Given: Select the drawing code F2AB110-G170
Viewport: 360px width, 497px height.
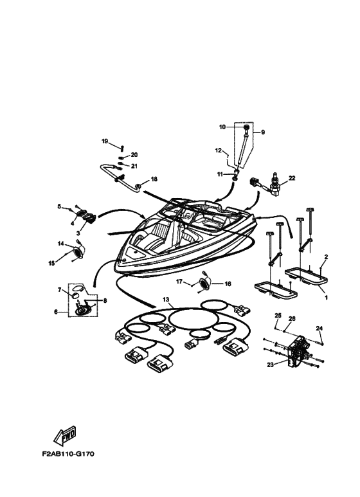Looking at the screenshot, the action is pyautogui.click(x=68, y=454).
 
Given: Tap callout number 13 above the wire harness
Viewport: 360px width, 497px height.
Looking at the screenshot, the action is pyautogui.click(x=166, y=299).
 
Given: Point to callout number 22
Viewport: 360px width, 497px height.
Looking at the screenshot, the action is pyautogui.click(x=292, y=178).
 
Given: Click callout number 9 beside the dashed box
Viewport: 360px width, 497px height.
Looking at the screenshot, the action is pyautogui.click(x=263, y=132).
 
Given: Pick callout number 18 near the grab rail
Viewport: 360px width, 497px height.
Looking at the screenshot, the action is pyautogui.click(x=154, y=179).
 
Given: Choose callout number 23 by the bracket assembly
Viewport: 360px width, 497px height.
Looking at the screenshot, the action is pyautogui.click(x=270, y=365).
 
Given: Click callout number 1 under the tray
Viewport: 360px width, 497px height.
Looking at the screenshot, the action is pyautogui.click(x=326, y=298).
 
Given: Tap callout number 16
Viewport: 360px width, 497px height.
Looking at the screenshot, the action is pyautogui.click(x=228, y=284).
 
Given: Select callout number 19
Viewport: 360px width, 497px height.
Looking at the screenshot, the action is pyautogui.click(x=105, y=141).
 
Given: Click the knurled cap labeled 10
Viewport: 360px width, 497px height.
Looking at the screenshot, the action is pyautogui.click(x=246, y=128).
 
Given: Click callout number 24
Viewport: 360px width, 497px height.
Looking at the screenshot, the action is pyautogui.click(x=319, y=329).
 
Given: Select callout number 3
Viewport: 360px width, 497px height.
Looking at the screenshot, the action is pyautogui.click(x=78, y=233).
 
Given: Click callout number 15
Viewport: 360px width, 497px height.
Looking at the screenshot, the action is pyautogui.click(x=51, y=263).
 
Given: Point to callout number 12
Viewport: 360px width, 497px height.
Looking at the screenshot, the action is pyautogui.click(x=219, y=150).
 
